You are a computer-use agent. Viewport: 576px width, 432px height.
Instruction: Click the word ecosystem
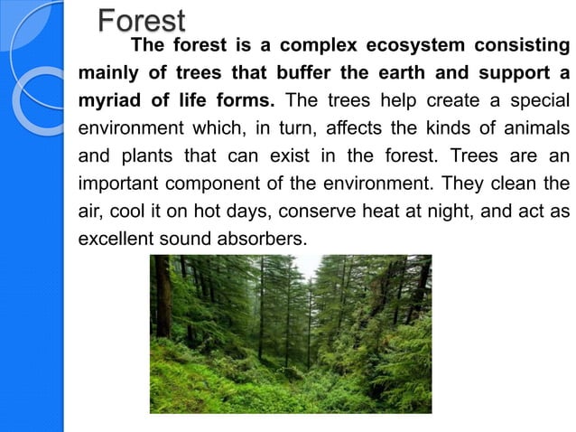412,45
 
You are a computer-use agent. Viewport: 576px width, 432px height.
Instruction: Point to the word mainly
107,71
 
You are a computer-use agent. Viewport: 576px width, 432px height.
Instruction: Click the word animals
538,124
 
